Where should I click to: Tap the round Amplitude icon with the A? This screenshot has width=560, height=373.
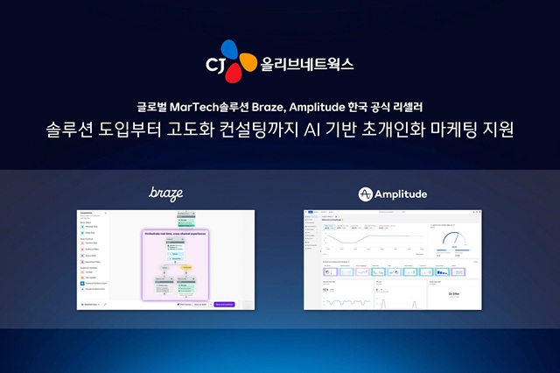point(367,193)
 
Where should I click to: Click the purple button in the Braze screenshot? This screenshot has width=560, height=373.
point(224,304)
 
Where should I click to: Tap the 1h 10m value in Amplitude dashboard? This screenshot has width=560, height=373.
point(453,294)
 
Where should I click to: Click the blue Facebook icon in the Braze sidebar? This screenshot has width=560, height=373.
point(86,283)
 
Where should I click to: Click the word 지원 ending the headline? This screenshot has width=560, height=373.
point(502,132)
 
